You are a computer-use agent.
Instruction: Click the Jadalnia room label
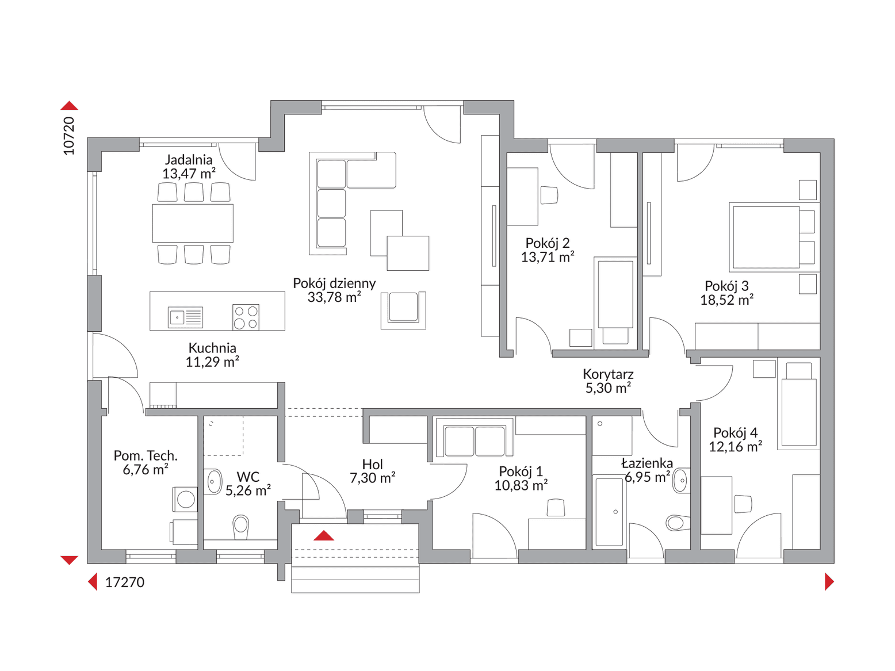tap(189, 159)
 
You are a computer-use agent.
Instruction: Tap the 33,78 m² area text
tap(334, 297)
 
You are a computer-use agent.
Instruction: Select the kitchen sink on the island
tap(186, 317)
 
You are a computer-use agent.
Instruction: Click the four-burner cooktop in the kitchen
tap(246, 317)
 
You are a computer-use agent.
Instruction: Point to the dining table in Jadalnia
tap(193, 223)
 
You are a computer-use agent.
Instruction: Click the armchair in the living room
tap(403, 310)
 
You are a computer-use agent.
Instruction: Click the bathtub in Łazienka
tap(609, 511)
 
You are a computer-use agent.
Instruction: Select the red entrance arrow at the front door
tap(324, 535)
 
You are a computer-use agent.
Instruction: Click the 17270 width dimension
tap(125, 582)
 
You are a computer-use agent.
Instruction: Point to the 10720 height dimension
tap(69, 136)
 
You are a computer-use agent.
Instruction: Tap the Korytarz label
tap(608, 374)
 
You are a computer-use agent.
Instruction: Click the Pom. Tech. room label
tap(146, 455)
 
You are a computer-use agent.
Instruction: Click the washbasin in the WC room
tap(213, 481)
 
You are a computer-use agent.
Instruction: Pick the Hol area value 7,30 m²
tap(373, 477)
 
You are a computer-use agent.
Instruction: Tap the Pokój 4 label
tap(735, 432)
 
